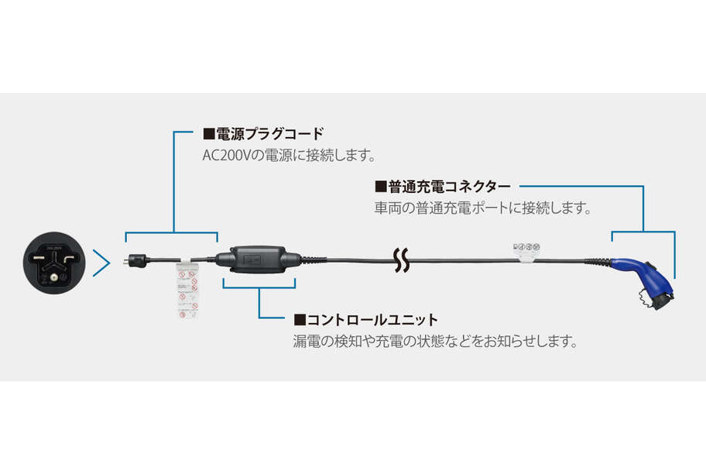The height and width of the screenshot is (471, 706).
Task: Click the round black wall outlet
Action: point(53,264)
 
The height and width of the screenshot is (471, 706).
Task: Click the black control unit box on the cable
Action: point(258,260)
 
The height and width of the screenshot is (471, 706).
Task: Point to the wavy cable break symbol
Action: point(401,261)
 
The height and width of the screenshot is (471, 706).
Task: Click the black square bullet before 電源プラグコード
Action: point(207,133)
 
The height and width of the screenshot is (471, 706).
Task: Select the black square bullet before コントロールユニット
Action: point(299,319)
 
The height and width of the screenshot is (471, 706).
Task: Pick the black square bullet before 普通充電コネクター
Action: point(379,186)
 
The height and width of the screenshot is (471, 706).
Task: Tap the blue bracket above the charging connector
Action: point(643,232)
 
